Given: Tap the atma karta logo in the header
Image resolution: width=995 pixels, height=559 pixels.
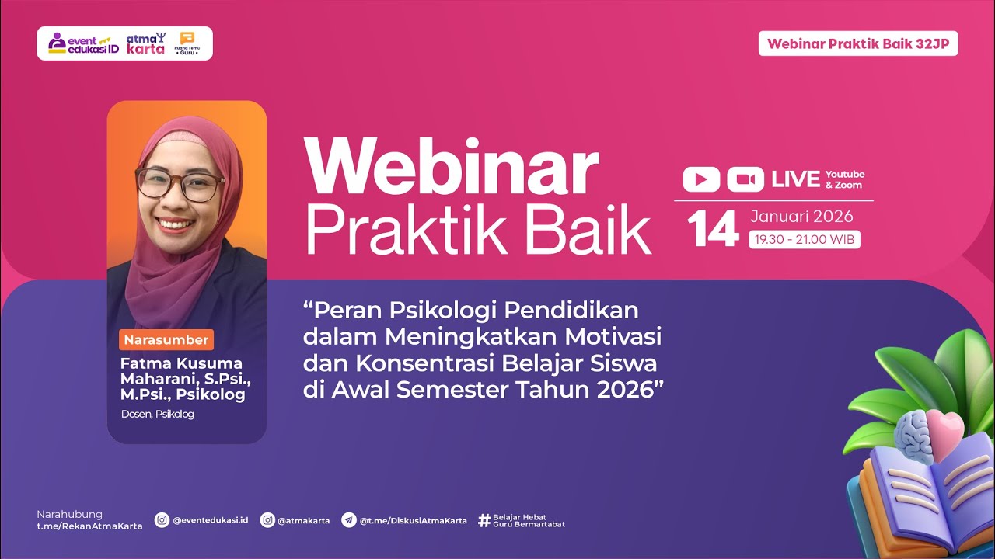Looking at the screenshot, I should click(146, 43).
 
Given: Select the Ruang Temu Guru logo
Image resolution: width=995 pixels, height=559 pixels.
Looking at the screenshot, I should click(187, 43).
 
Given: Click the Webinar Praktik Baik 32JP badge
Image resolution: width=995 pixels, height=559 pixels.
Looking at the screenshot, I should click(858, 43).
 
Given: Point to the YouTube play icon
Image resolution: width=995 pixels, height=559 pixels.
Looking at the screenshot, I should click(701, 179).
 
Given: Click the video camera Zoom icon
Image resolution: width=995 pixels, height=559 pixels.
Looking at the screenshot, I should click(745, 179).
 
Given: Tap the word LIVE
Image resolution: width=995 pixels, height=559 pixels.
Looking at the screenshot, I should click(795, 179).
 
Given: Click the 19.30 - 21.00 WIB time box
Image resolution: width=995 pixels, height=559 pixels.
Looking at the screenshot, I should click(804, 240).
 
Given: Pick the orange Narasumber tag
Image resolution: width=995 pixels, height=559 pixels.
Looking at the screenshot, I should click(166, 340).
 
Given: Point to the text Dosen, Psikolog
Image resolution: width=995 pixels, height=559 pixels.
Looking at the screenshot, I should click(158, 414).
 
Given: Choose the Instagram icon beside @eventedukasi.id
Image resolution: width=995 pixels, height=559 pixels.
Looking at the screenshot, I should click(162, 520).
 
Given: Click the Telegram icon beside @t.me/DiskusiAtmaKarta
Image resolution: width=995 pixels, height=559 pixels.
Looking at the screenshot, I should click(349, 520).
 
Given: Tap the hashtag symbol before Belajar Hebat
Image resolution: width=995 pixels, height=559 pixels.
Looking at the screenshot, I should click(484, 520).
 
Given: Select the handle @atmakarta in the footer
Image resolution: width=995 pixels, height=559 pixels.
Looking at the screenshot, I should click(304, 520).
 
